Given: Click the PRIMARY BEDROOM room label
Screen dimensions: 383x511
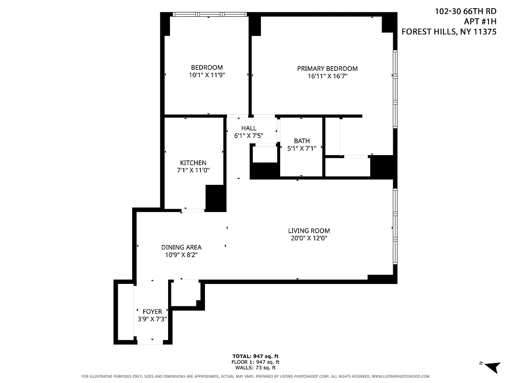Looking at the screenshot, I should [327, 68].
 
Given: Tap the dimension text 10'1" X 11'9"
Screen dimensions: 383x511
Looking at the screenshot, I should [207, 75].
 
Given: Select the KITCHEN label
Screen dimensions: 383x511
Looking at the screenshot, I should [193, 163].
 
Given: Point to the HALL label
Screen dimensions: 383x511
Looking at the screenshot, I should [249, 128].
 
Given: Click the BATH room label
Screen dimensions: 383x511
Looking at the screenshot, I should [302, 141].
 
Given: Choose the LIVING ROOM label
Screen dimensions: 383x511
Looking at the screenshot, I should [308, 231].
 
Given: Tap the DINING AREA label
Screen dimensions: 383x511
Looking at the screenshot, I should [181, 248].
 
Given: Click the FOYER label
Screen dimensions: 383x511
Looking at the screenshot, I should [152, 312].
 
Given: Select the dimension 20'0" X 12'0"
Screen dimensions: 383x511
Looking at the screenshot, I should [308, 238].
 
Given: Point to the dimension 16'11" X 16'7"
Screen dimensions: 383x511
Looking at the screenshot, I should [327, 76].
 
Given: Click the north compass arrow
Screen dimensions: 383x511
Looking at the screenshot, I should [492, 367].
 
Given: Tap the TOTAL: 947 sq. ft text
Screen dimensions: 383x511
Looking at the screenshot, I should [255, 357].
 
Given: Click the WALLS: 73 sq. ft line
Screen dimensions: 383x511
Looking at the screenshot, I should [255, 368].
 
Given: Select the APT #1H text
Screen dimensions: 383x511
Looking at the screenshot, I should [480, 22].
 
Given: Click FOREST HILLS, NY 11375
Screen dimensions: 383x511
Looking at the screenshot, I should [449, 32].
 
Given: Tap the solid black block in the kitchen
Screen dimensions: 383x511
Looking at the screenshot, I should [216, 197].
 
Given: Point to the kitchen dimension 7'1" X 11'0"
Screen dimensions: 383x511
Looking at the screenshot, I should [193, 170].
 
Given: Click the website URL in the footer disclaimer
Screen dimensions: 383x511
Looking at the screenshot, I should [400, 376].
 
